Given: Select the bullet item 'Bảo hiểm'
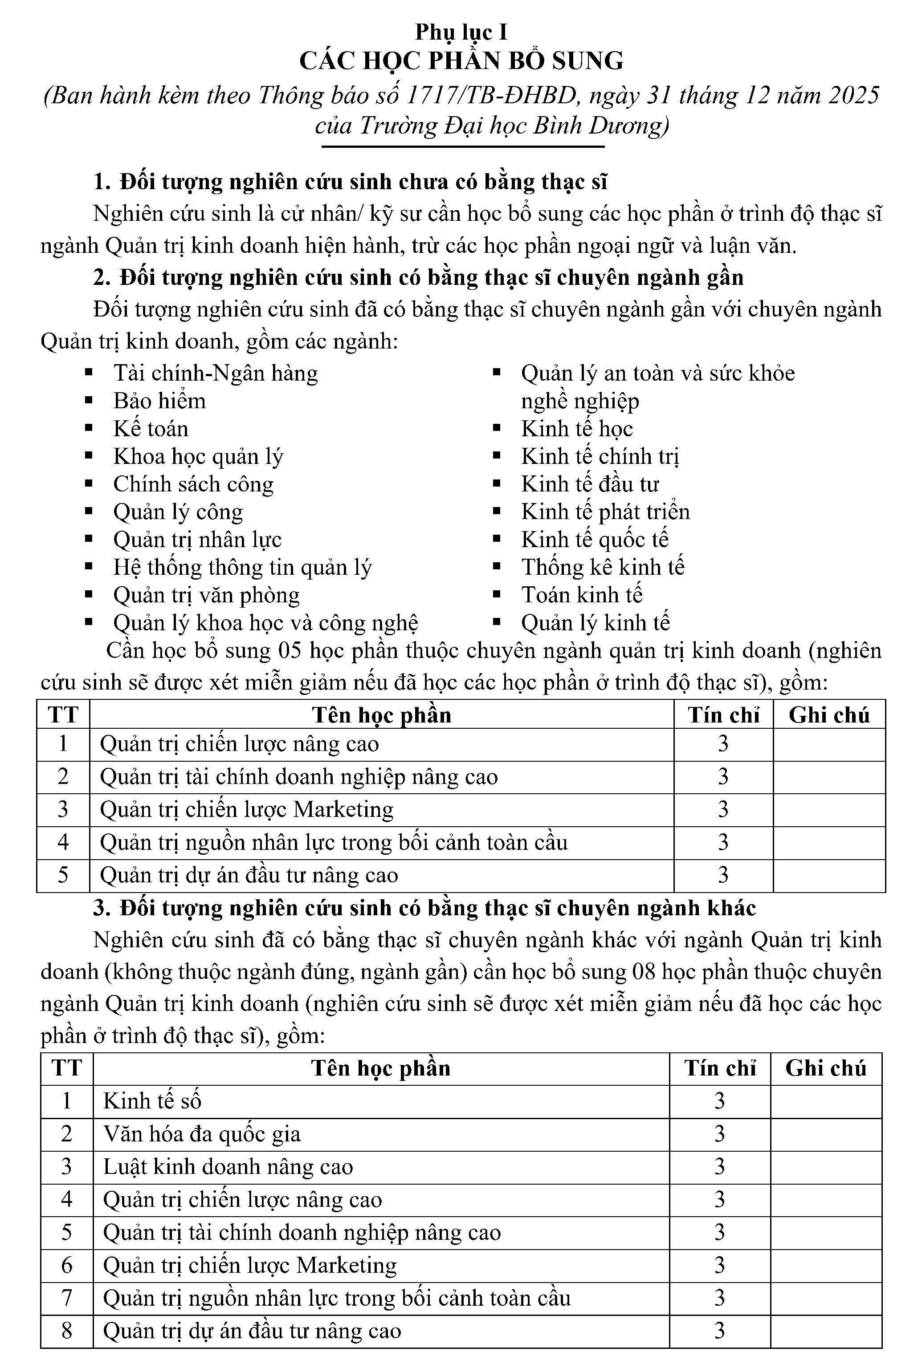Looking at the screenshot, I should [159, 401].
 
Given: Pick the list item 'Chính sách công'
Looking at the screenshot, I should [193, 484].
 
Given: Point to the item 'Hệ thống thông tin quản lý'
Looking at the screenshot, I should [242, 567].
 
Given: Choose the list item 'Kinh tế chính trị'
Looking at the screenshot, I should [600, 456].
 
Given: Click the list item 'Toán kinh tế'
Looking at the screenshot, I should [582, 595].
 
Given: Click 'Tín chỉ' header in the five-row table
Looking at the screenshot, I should [723, 715].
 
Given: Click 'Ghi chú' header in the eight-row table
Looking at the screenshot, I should [825, 1068].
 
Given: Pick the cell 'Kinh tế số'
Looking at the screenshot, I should [152, 1101].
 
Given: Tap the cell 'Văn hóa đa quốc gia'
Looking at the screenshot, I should [202, 1134].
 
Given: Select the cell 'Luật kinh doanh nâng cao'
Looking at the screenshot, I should [228, 1167].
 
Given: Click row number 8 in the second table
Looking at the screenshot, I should [67, 1331].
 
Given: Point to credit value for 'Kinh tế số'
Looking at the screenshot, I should [719, 1101].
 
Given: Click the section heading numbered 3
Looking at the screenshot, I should [424, 908].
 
